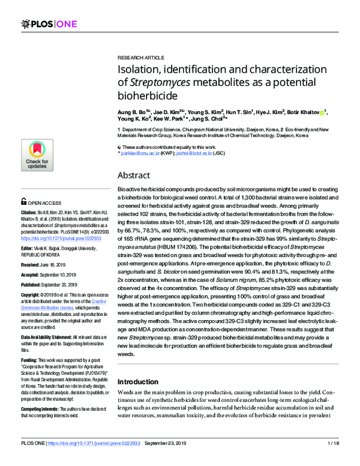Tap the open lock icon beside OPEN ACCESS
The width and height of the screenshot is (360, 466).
point(24,203)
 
